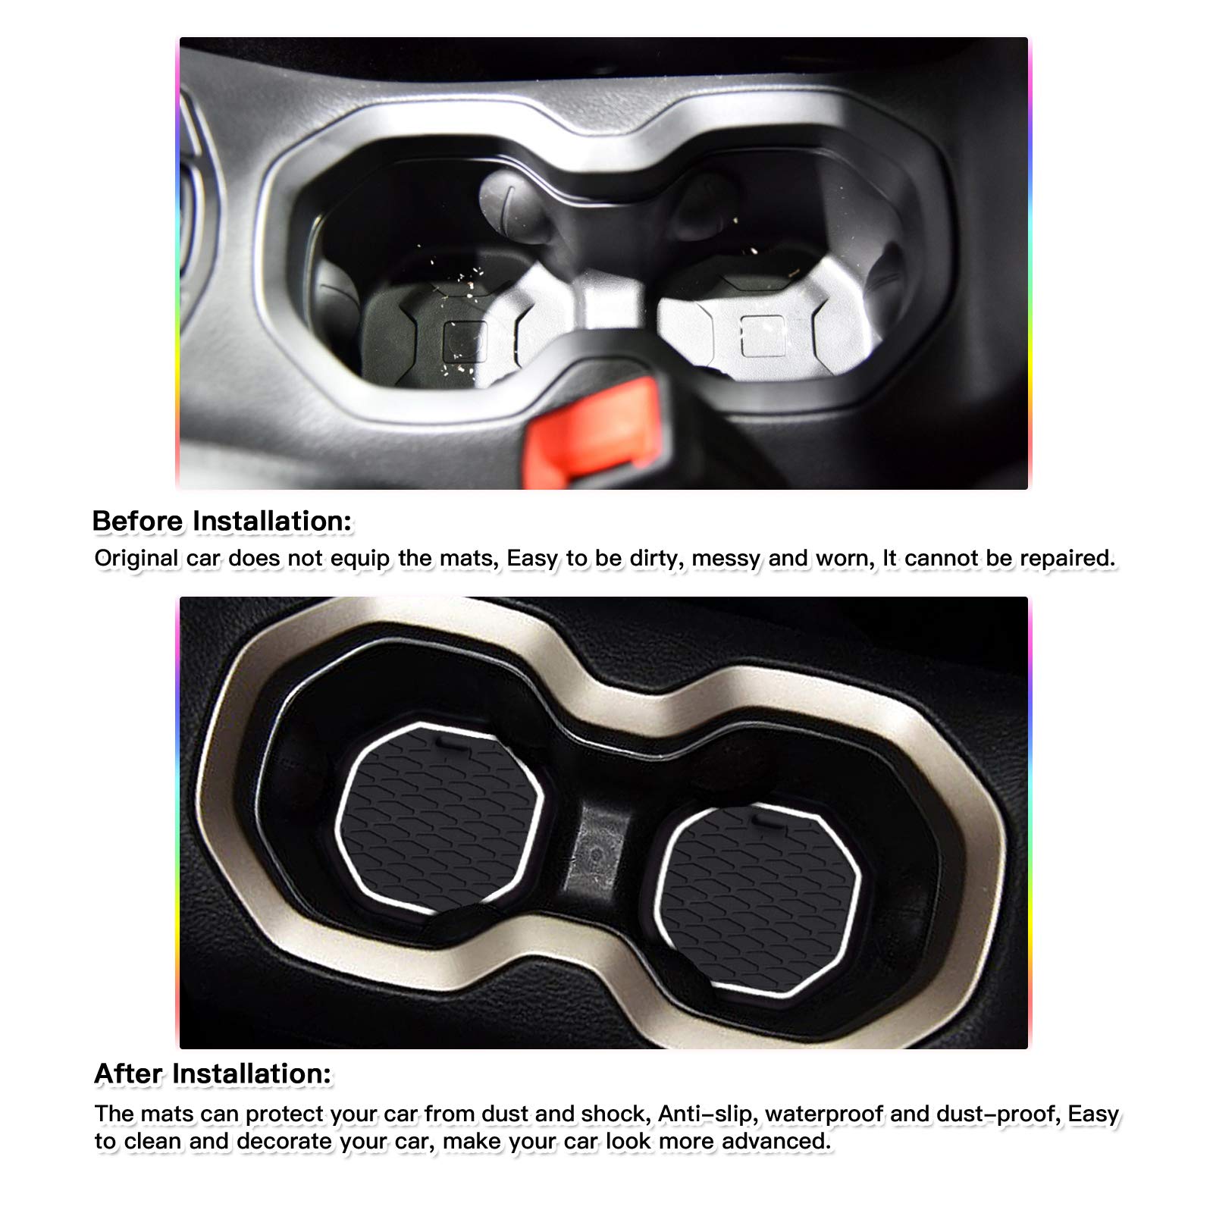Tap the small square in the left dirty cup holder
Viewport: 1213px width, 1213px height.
pyautogui.click(x=464, y=338)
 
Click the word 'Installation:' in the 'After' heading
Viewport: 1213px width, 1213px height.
pyautogui.click(x=252, y=1074)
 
